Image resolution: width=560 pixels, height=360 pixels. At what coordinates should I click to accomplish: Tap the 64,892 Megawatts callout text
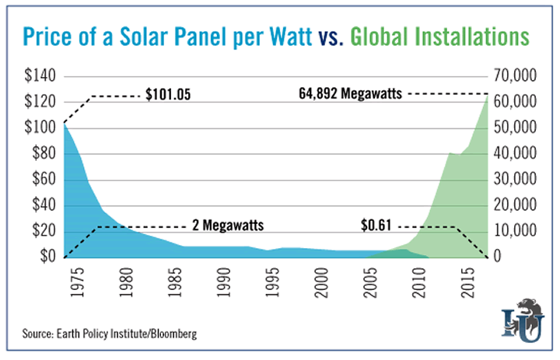tap(350, 94)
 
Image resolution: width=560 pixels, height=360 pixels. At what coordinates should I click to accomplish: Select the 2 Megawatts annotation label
tap(227, 226)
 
